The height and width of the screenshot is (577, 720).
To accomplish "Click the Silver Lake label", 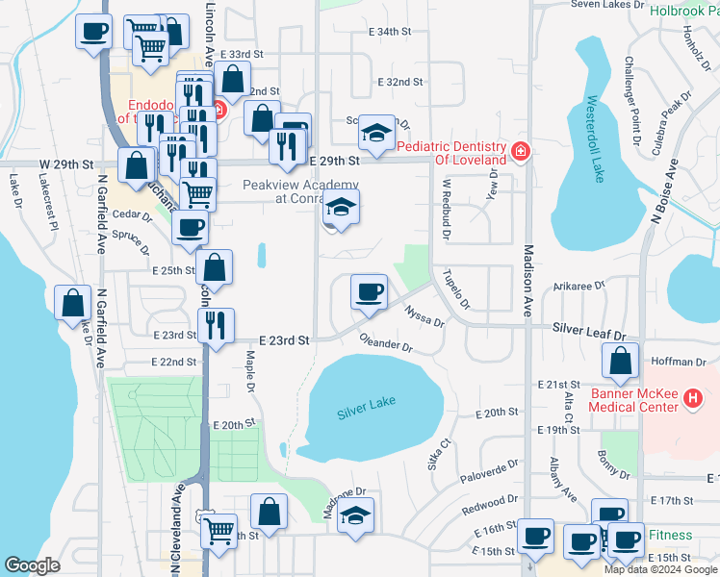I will click(x=366, y=414).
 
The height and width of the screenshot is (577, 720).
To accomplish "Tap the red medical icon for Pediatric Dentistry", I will click(x=521, y=151).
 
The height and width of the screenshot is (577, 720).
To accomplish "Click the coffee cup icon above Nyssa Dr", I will click(x=368, y=292).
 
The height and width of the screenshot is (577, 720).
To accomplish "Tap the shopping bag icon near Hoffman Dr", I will click(x=621, y=362).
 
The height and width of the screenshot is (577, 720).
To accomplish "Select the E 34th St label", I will click(x=390, y=32).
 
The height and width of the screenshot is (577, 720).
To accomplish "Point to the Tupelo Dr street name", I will click(x=455, y=289).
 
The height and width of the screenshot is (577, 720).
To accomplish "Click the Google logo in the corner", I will click(x=32, y=565).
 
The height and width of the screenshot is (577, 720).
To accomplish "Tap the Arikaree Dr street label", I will click(x=580, y=286).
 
